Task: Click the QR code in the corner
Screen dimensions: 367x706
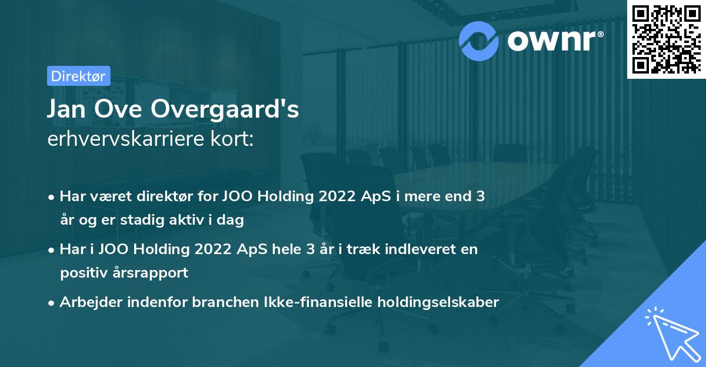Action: coord(667,39)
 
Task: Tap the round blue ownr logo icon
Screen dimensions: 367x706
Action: coord(479,41)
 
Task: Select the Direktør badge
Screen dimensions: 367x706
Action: coord(78,76)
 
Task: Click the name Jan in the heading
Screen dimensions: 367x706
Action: coord(68,110)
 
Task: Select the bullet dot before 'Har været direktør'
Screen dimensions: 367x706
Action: coord(52,198)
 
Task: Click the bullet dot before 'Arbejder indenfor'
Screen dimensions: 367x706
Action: coord(52,303)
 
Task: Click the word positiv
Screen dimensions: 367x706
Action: coord(84,273)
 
